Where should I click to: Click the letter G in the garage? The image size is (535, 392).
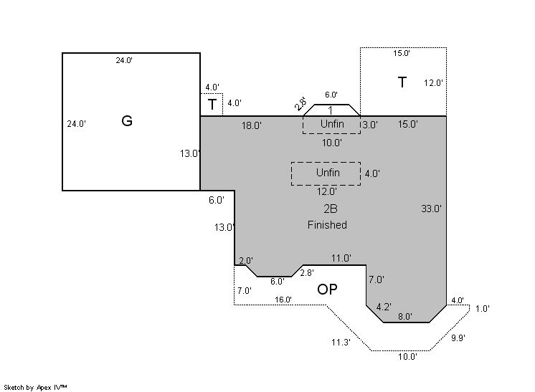[127, 121]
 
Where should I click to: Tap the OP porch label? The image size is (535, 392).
[327, 290]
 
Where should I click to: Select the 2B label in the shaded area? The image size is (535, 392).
[330, 209]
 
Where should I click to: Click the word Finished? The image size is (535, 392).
[327, 225]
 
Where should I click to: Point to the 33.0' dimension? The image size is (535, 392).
[431, 209]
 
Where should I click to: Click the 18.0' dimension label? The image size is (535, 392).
[251, 125]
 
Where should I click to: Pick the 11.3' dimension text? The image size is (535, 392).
[341, 343]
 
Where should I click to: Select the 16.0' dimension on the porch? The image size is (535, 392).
[283, 300]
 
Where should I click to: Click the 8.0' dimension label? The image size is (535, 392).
[405, 316]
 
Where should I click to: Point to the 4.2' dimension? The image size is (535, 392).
[384, 307]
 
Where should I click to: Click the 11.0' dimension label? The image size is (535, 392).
[341, 258]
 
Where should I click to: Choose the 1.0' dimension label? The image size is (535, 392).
[482, 309]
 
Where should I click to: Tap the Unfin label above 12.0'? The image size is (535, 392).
[328, 173]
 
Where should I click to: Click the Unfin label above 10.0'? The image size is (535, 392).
[332, 124]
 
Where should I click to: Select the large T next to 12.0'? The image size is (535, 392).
[402, 83]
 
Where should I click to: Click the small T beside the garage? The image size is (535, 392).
[212, 105]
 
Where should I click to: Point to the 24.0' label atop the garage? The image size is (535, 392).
[124, 61]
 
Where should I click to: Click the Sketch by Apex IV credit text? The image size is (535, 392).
[36, 387]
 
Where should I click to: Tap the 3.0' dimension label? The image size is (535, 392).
[369, 125]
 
